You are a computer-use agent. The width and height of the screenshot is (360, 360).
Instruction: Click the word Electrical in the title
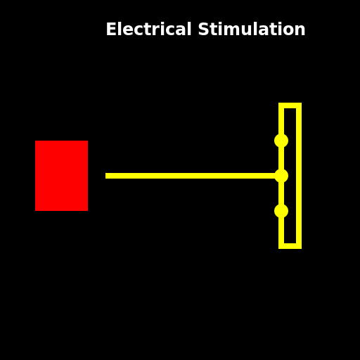coord(148,30)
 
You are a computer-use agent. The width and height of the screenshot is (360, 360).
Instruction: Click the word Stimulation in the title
coord(252,30)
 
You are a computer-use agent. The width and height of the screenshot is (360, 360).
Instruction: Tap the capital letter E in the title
coord(110,30)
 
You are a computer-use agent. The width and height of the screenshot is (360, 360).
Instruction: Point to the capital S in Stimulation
coord(202,30)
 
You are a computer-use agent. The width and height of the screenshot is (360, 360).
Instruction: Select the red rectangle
coord(62,176)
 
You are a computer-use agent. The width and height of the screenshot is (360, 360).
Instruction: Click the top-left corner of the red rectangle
coord(36,141)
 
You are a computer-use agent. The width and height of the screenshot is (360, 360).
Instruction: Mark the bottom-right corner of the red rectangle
coord(87,210)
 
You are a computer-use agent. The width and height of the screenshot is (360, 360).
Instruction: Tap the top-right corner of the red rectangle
coord(87,141)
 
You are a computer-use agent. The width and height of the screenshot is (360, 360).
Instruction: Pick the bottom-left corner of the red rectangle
coord(36,210)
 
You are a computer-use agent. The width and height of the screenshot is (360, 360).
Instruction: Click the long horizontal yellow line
coord(190,176)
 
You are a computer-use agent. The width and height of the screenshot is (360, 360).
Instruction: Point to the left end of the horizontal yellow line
coord(107,176)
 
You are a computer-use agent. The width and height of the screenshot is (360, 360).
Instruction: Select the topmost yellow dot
coord(281,141)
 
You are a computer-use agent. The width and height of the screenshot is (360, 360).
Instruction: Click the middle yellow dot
coord(281,176)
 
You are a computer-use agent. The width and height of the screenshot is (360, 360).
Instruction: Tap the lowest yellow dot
coord(281,211)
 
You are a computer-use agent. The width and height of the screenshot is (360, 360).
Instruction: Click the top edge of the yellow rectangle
coord(290,105)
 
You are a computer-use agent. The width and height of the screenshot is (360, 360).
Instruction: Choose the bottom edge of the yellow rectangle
coord(290,245)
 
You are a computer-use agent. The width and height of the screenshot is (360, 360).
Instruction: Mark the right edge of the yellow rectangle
coord(299,176)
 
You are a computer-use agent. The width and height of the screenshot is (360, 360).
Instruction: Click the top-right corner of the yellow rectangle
coord(299,105)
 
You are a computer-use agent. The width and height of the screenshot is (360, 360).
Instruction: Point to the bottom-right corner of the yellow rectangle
coord(299,246)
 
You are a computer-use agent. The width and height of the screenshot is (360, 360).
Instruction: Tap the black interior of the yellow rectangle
coord(290,158)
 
